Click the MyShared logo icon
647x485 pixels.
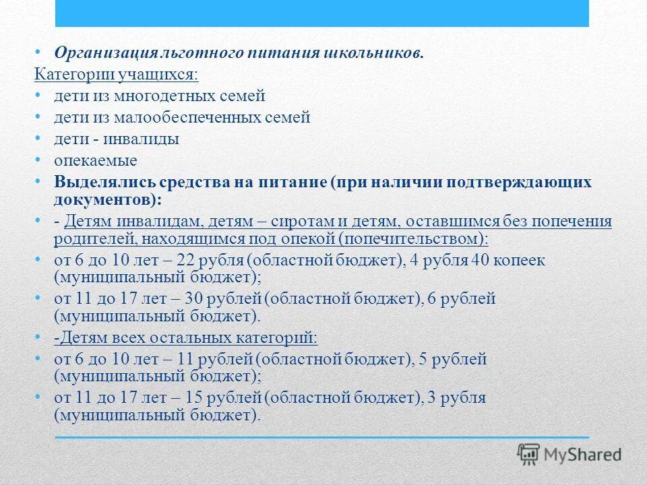point(528,454)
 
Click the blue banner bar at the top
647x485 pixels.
point(321,13)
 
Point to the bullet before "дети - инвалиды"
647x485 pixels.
point(38,139)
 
